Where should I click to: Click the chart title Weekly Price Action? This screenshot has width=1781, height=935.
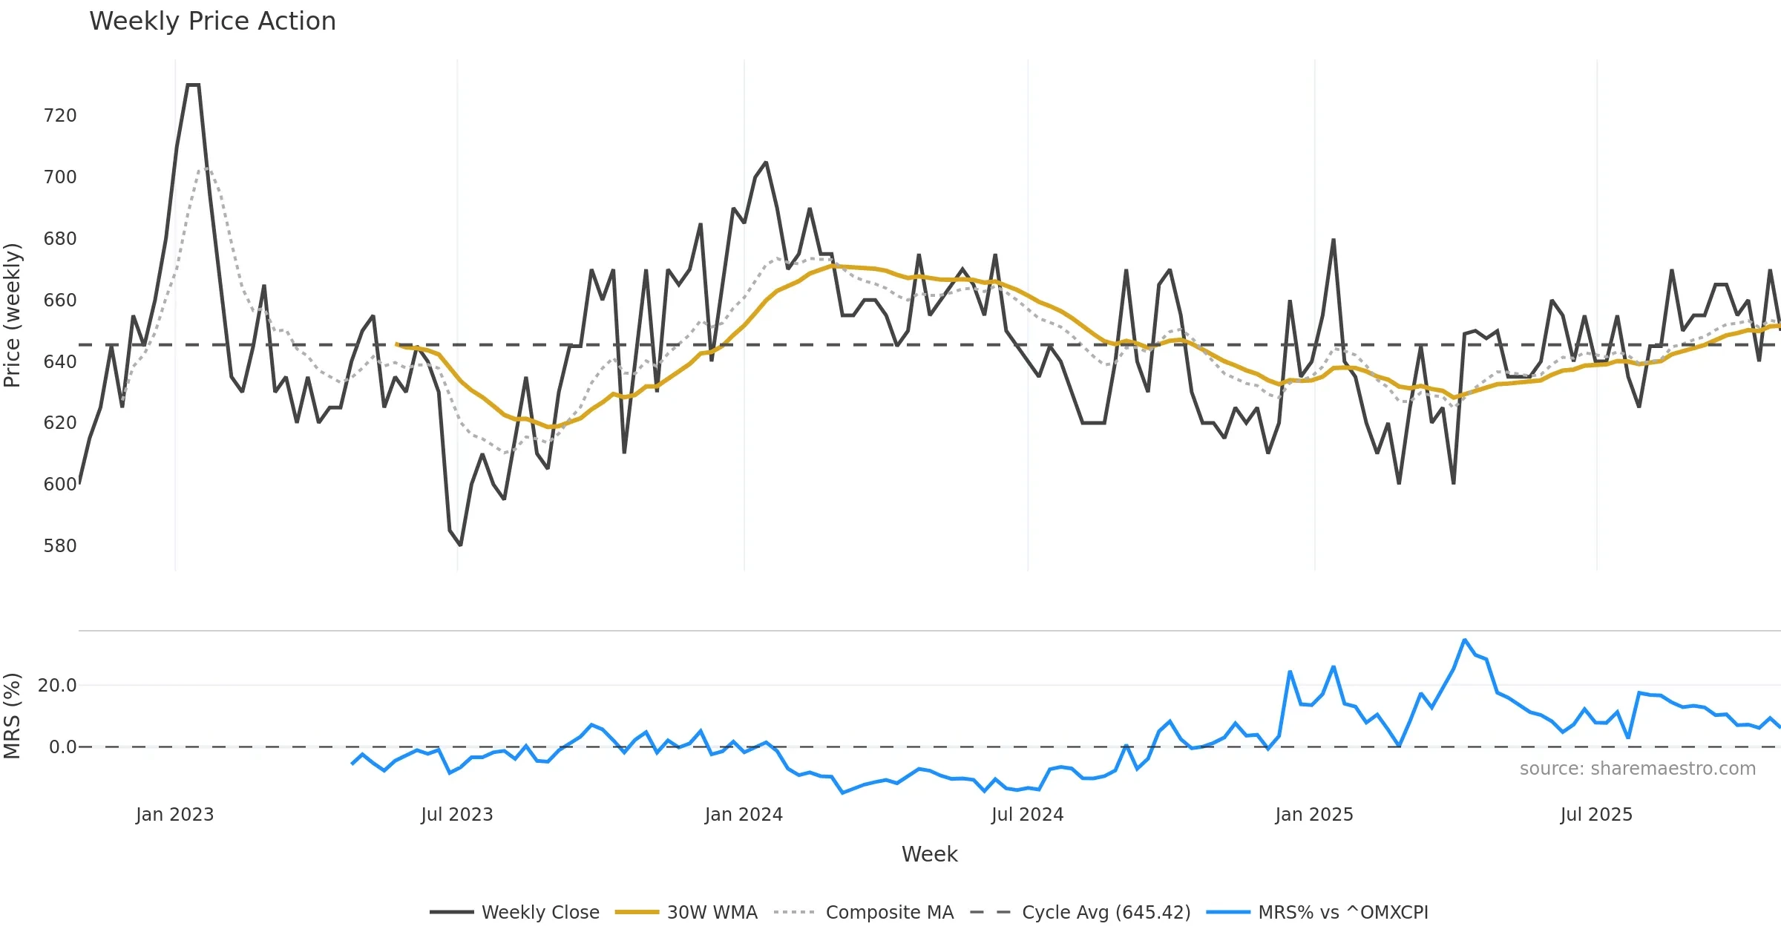tap(212, 22)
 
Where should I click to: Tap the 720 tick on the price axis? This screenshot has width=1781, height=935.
tap(60, 116)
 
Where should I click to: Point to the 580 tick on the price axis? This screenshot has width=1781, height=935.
tap(60, 546)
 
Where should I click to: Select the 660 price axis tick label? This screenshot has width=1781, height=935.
tap(60, 301)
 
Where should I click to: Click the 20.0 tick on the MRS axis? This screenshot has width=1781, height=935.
tap(57, 686)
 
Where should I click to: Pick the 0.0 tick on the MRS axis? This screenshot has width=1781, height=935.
tap(62, 747)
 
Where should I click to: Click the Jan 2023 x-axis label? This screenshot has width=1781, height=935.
tap(175, 815)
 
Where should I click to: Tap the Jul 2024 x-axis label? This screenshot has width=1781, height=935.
tap(1028, 815)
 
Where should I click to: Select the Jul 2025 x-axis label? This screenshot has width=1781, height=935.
tap(1597, 815)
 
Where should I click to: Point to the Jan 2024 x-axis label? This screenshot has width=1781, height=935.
tap(744, 815)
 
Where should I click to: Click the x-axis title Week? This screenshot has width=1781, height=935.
tap(930, 855)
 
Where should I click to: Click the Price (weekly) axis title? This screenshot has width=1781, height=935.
tap(12, 315)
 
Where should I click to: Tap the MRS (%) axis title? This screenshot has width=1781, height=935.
tap(12, 716)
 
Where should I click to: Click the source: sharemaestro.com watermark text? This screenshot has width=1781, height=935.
tap(1638, 769)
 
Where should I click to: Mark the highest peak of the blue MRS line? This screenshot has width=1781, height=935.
tap(1464, 640)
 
